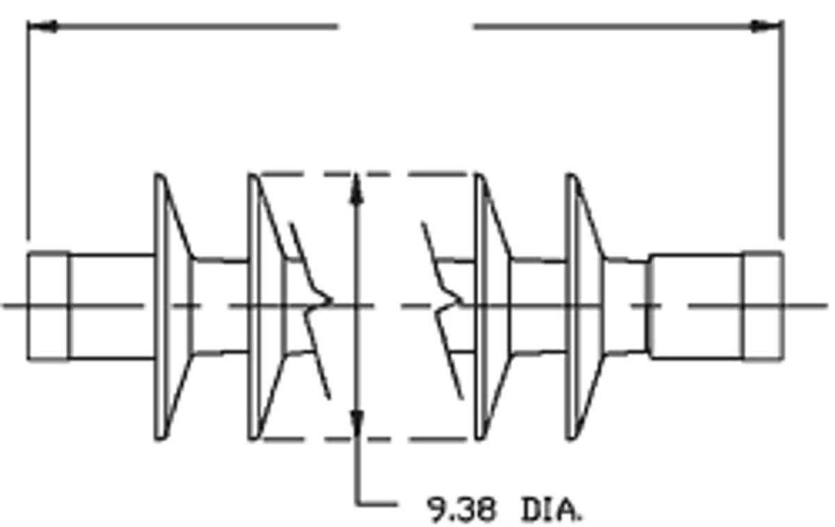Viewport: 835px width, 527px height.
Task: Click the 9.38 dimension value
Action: point(461,510)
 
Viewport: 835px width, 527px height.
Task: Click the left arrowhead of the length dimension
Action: point(42,27)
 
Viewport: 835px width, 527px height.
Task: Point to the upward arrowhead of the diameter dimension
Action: point(357,188)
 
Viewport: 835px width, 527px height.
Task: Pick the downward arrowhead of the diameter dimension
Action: point(357,423)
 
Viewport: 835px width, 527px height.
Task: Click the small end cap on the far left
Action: point(48,306)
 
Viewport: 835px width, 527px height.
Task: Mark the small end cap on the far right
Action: point(762,306)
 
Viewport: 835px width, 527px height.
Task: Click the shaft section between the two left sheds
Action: point(220,306)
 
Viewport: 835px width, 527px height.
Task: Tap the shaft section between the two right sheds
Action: point(537,306)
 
